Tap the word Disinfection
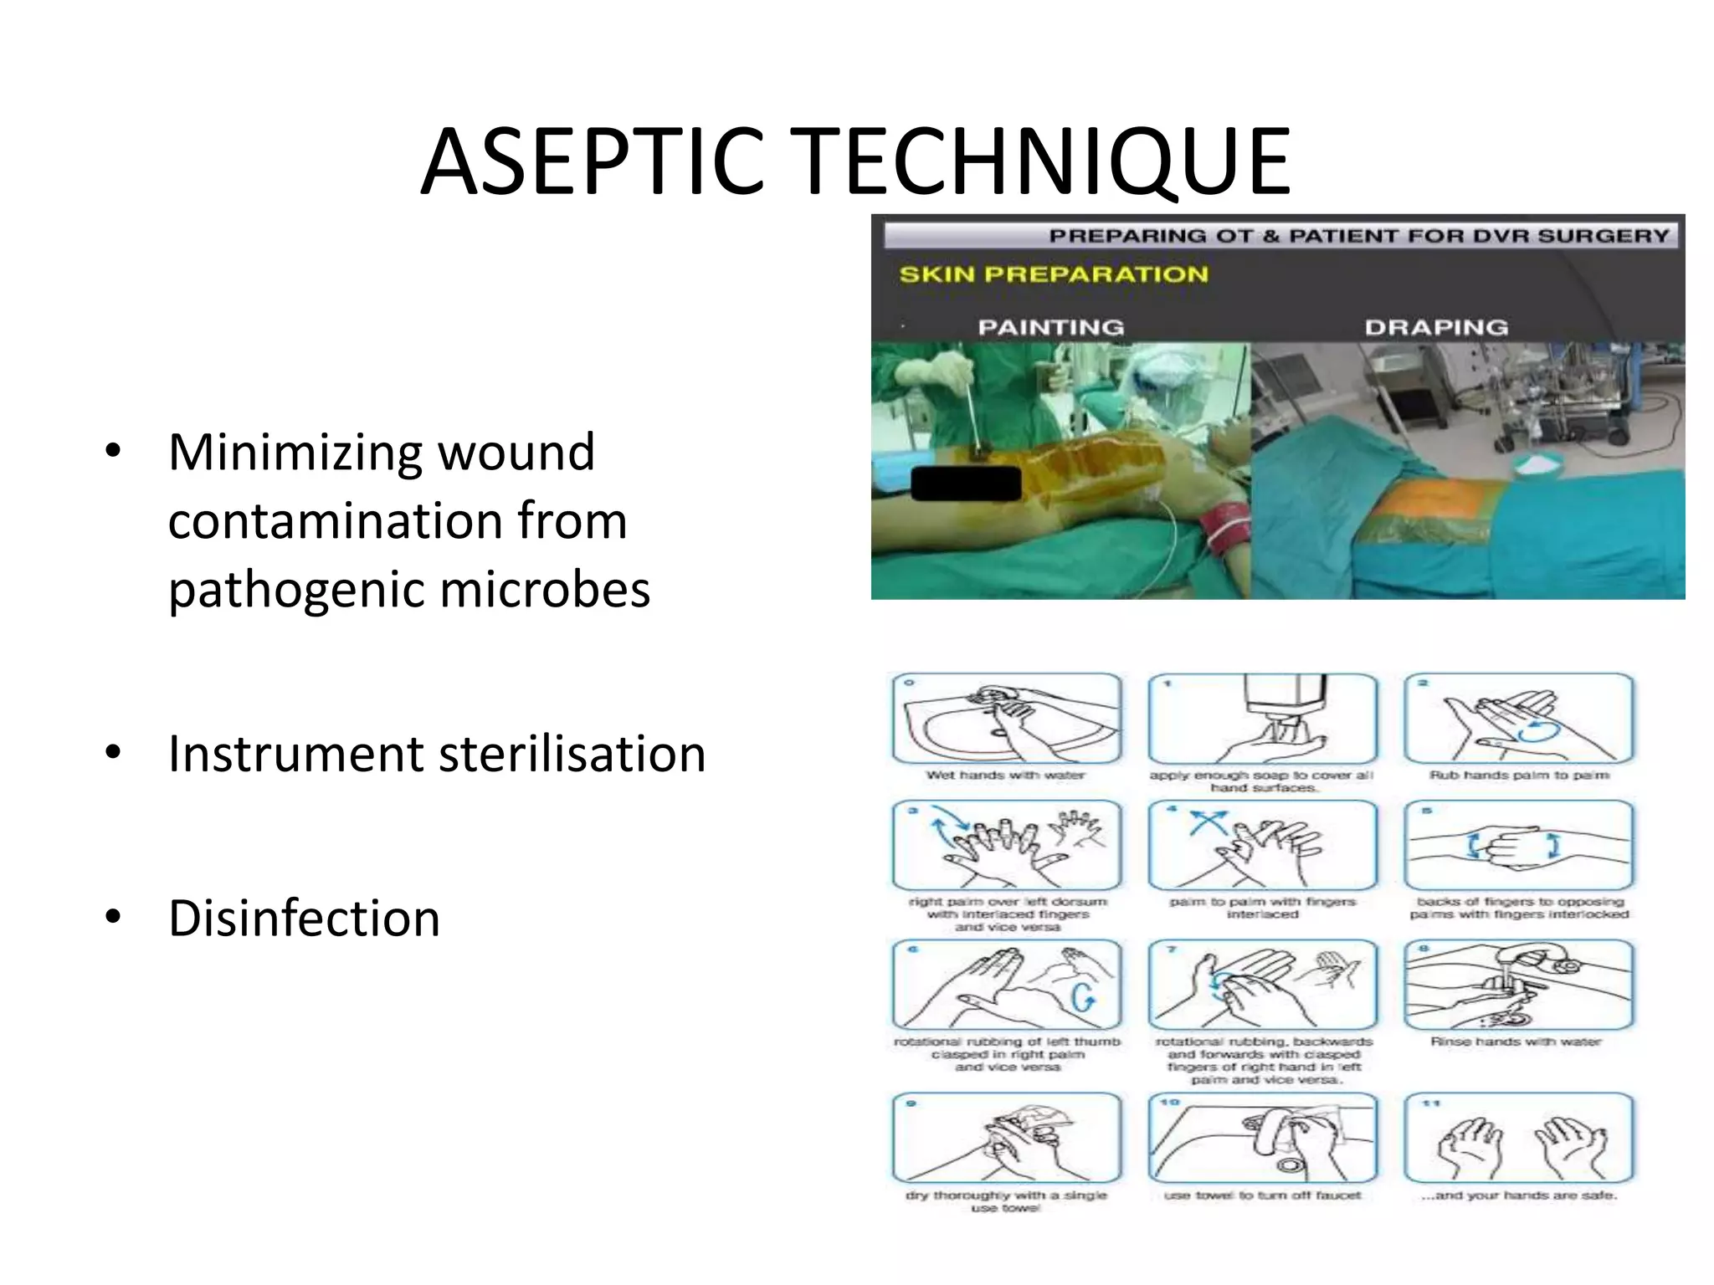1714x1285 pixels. pos(304,918)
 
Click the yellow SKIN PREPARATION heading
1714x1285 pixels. pos(1053,274)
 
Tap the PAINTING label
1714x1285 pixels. pos(1050,327)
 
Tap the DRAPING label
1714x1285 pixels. pos(1436,327)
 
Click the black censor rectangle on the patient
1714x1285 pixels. pos(966,484)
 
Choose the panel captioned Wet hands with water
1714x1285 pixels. pos(1006,719)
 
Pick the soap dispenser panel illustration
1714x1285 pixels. pos(1262,719)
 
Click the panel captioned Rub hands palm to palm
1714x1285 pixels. pos(1518,719)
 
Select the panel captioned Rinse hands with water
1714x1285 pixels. pos(1518,985)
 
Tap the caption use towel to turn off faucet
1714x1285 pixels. pos(1262,1195)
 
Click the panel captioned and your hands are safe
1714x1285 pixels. pos(1518,1138)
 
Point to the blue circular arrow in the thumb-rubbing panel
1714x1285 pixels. pos(1082,996)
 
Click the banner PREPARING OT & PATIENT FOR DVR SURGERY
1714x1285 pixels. pos(1358,236)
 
